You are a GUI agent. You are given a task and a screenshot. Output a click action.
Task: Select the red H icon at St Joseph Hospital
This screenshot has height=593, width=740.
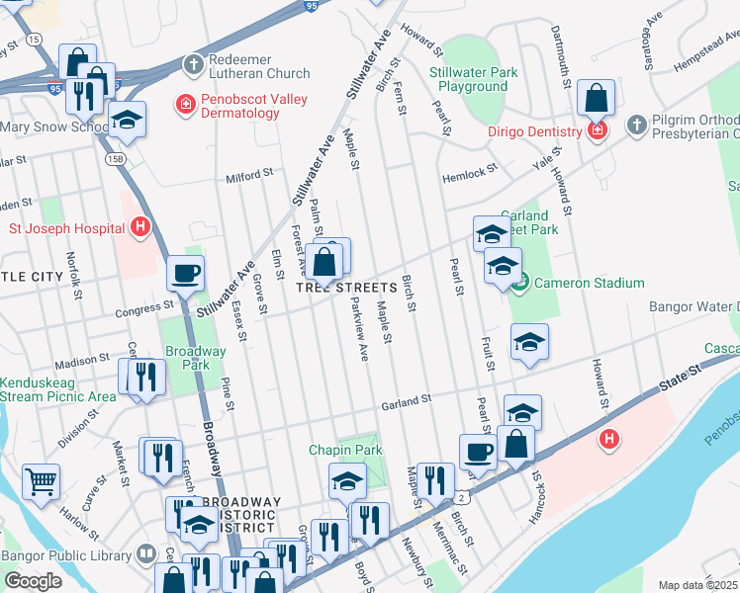140,227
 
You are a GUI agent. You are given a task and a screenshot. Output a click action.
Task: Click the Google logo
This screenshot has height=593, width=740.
33,581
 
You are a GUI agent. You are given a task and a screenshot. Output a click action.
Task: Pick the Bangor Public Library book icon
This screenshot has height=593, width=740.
146,553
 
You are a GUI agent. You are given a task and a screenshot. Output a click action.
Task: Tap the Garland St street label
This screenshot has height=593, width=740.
408,400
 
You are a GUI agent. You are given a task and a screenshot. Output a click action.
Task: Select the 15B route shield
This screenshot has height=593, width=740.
115,157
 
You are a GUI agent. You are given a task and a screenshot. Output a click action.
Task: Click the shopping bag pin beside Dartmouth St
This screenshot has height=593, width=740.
597,99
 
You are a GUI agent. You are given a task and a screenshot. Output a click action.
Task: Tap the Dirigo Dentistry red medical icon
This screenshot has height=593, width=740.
596,131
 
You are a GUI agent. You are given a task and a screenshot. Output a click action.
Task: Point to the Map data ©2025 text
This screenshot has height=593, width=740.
697,585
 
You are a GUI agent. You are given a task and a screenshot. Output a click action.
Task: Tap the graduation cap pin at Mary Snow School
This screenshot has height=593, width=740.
127,121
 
